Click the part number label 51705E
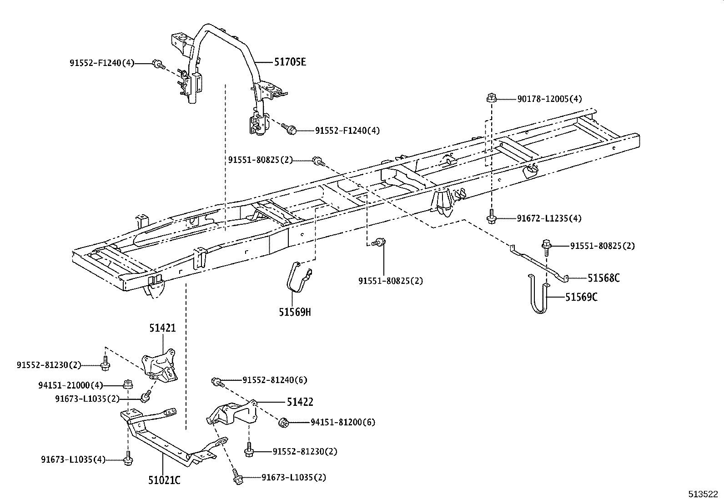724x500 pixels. click(x=290, y=61)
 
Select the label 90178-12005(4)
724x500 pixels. click(x=549, y=99)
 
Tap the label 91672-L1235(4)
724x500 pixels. click(x=549, y=218)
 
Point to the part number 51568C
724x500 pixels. click(x=603, y=278)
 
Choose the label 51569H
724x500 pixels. click(x=295, y=312)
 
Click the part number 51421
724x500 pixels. click(x=162, y=328)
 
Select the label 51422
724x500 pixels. click(x=300, y=402)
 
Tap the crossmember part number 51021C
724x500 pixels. click(x=164, y=480)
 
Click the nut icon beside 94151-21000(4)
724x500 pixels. click(x=128, y=384)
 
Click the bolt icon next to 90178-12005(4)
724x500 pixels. click(x=491, y=97)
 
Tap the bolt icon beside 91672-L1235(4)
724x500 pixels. click(x=491, y=218)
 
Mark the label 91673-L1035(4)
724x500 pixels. click(x=73, y=460)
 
